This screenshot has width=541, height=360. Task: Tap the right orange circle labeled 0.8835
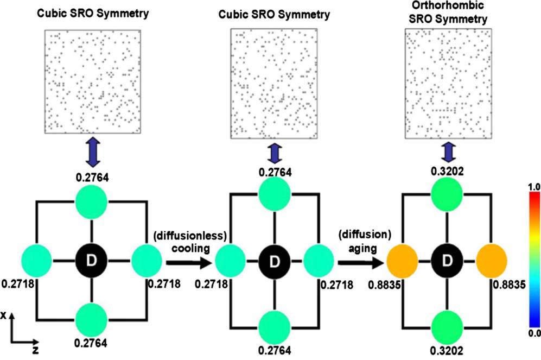coord(491,263)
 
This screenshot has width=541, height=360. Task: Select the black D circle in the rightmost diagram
coord(448,263)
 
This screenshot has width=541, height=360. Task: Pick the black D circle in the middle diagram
coord(274,263)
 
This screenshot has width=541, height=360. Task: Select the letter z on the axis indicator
coord(35,351)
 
